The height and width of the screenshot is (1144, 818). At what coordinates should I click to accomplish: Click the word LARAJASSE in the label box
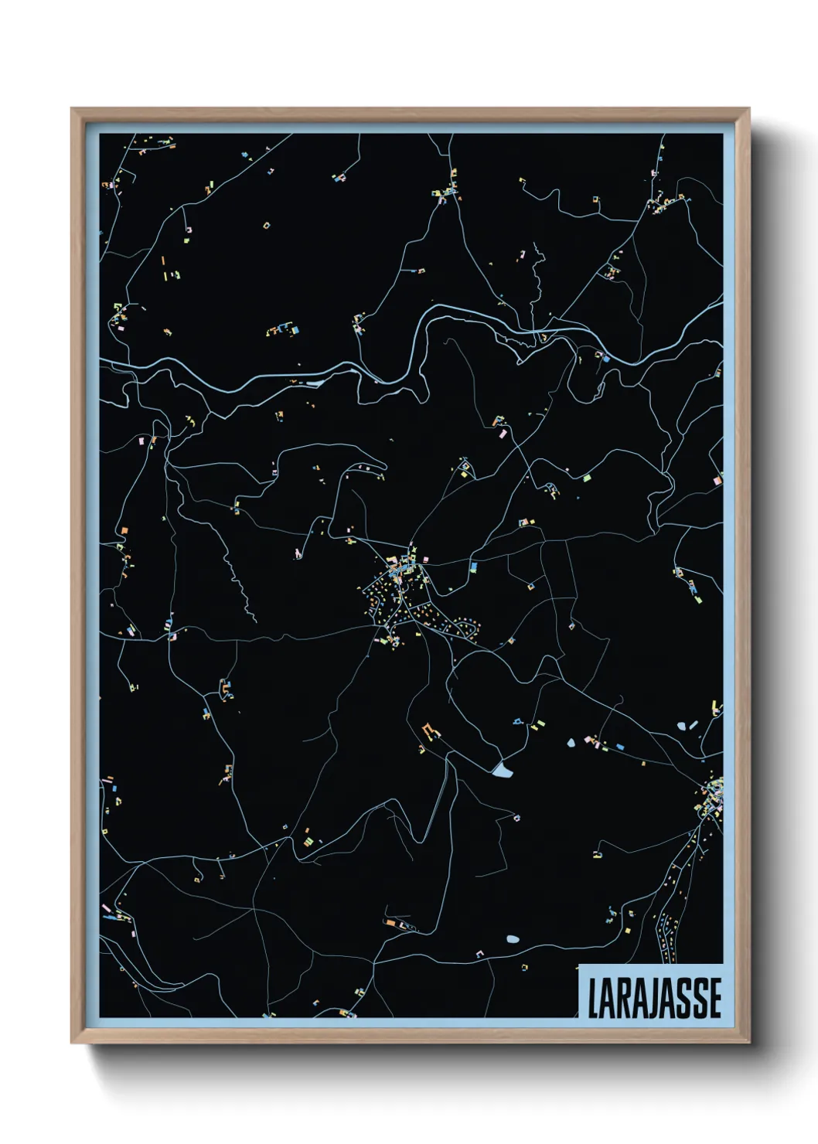[654, 998]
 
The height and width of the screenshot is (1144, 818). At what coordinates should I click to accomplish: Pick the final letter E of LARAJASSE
[715, 999]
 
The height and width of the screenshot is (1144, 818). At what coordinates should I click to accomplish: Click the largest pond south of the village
[502, 769]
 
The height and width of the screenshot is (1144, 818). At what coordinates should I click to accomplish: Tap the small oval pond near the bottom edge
[512, 939]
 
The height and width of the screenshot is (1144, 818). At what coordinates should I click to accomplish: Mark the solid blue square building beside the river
[606, 359]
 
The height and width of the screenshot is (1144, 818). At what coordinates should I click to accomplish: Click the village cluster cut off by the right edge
[713, 796]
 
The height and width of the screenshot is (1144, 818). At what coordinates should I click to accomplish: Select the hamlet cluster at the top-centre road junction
[446, 189]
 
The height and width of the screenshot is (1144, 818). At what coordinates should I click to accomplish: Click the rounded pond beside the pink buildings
[571, 743]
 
